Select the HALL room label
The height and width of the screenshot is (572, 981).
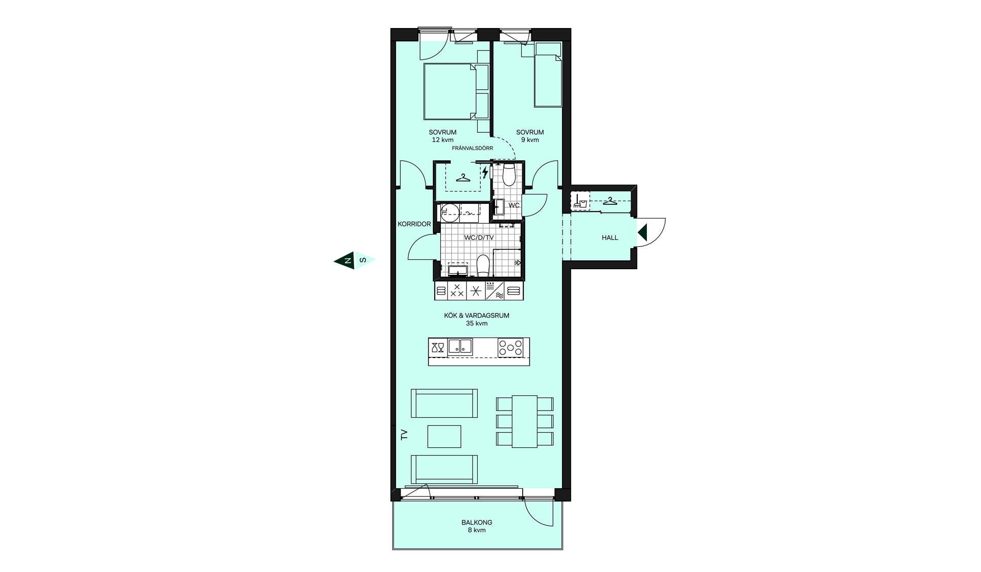[610, 237]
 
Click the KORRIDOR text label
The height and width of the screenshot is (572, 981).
[414, 224]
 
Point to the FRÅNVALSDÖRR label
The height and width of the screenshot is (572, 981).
[473, 148]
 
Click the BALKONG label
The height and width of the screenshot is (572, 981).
[477, 522]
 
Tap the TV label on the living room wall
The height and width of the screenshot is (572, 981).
[404, 435]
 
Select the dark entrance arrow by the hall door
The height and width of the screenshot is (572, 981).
[642, 233]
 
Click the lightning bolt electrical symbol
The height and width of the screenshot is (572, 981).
[485, 172]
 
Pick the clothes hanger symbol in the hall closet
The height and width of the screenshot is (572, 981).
[610, 201]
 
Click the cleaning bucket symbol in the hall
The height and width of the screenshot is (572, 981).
[580, 201]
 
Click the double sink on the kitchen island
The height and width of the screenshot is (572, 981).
[460, 347]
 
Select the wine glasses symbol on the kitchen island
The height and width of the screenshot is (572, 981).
[438, 348]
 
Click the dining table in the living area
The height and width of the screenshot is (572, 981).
[525, 421]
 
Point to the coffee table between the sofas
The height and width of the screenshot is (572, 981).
[444, 437]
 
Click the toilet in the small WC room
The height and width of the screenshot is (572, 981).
[509, 175]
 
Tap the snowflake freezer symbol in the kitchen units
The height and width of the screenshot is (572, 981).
[476, 291]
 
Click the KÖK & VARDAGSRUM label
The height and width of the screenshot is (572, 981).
[477, 316]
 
